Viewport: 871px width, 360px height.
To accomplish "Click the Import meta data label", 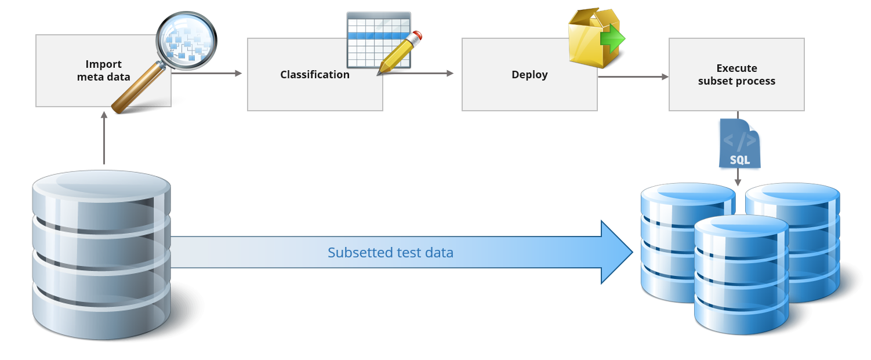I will [x=103, y=70].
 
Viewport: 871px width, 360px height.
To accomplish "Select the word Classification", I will [x=314, y=75].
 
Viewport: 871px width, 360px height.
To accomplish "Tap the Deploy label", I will [x=529, y=75].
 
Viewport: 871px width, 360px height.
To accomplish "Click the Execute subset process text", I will [x=736, y=75].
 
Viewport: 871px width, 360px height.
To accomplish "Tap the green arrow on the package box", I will [x=612, y=41].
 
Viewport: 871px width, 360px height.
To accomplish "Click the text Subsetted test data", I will [x=390, y=253].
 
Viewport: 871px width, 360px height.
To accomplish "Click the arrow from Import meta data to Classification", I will [x=206, y=73].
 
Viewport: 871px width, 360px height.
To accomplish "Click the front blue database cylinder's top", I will [x=742, y=227].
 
